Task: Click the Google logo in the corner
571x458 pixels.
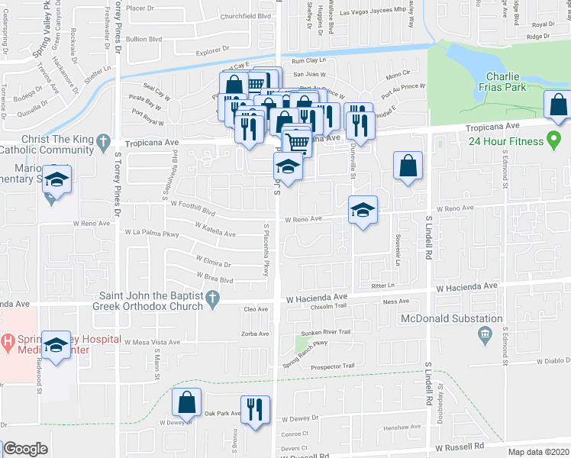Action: tap(26, 449)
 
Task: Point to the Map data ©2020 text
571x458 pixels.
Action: tap(537, 452)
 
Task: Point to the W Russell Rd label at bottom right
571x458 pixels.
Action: tap(460, 445)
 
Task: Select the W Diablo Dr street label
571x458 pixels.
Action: tap(553, 361)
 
